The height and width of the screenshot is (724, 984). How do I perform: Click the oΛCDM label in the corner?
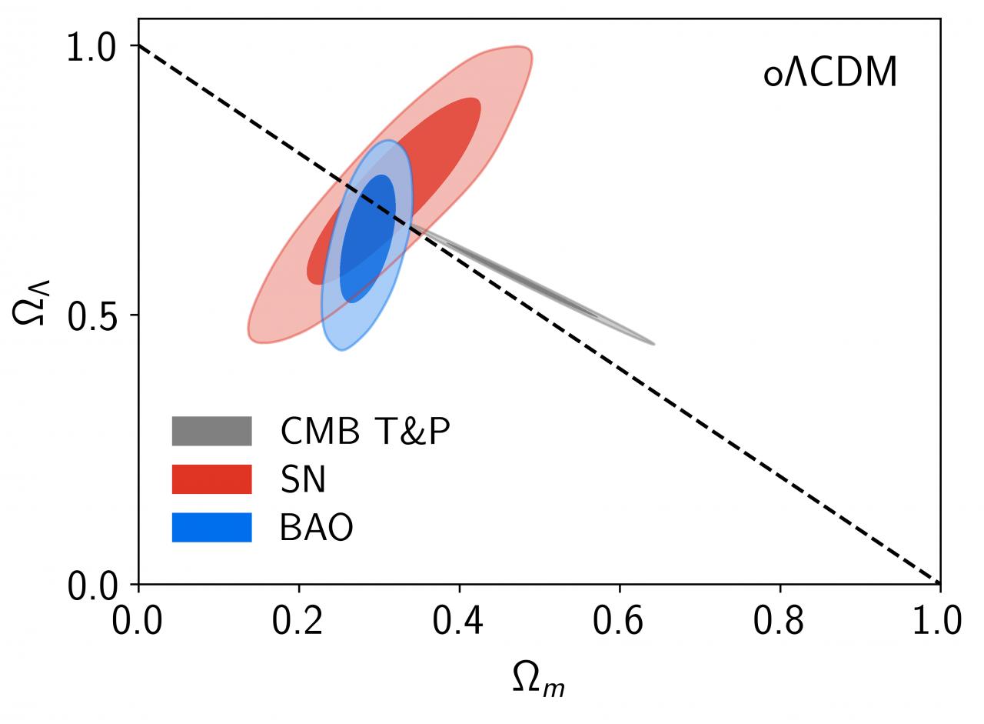[830, 74]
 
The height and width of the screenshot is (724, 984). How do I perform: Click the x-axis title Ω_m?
[538, 679]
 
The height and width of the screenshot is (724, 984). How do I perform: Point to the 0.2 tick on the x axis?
[298, 620]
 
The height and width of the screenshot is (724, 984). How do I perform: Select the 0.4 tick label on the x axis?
[459, 620]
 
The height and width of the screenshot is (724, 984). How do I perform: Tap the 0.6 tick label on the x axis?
[619, 620]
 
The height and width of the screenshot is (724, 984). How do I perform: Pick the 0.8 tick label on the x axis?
[780, 620]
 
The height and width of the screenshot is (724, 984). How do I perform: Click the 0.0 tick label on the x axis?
[138, 620]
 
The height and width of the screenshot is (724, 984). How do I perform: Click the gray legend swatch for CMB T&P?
[211, 431]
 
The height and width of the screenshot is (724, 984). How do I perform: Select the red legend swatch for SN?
[211, 479]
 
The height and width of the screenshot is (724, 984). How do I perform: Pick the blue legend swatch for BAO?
[211, 527]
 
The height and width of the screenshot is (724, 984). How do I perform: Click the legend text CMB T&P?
[364, 431]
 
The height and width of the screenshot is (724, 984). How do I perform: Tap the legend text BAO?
[316, 528]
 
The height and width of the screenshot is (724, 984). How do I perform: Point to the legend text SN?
[303, 479]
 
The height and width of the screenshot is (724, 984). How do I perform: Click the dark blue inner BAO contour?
[367, 239]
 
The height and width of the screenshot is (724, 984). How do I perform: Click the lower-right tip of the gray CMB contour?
[652, 343]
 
